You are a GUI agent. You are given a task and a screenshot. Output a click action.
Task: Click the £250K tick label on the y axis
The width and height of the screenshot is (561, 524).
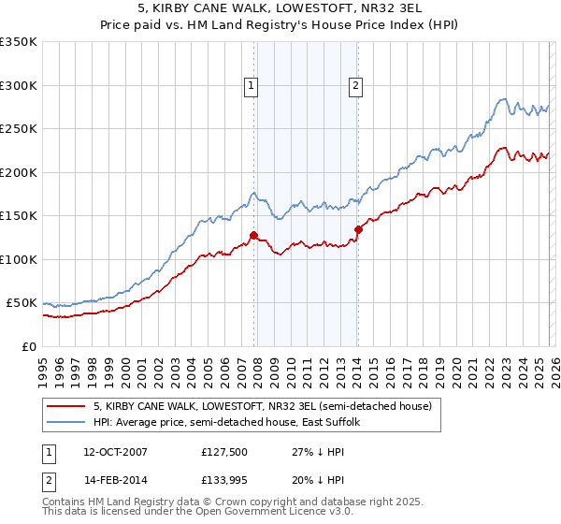(19, 129)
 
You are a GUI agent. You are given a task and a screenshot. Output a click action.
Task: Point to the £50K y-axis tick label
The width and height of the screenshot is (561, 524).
(22, 303)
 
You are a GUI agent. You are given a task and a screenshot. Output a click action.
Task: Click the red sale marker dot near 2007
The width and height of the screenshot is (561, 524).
(253, 236)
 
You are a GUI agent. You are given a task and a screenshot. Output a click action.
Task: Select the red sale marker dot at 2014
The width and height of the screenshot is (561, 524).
(358, 229)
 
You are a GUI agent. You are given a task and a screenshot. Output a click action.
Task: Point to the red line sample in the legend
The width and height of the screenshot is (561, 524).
(65, 407)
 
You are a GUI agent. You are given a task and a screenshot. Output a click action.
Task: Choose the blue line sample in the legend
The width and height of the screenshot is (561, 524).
(65, 423)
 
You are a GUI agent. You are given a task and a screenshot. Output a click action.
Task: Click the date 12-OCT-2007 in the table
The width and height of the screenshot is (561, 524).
(116, 452)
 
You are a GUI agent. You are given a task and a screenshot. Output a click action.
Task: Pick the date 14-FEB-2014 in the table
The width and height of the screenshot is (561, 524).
(116, 482)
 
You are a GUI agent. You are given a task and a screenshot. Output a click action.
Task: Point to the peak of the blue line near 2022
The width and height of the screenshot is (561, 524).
(503, 98)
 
